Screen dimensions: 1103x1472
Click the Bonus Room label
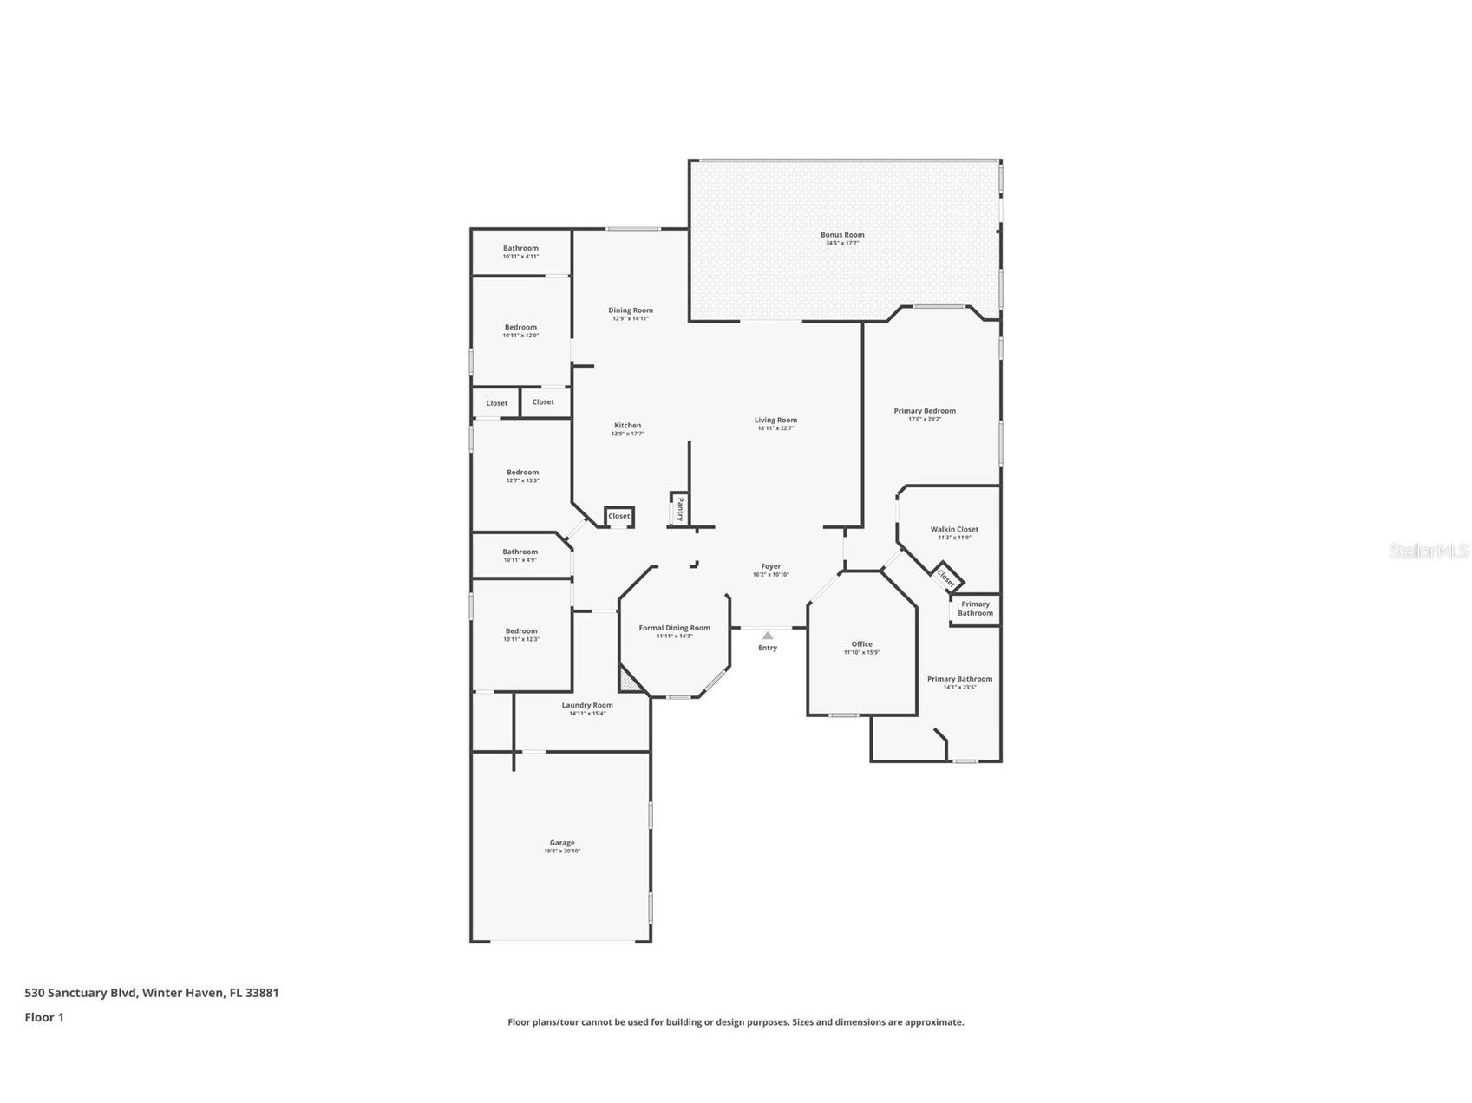tap(842, 235)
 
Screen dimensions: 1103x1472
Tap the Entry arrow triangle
tap(768, 636)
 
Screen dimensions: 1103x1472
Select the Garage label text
tap(562, 843)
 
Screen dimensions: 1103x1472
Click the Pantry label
tap(681, 508)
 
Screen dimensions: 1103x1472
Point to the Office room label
tap(861, 644)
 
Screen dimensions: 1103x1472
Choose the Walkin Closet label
tap(954, 529)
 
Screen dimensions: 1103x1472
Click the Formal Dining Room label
tap(674, 628)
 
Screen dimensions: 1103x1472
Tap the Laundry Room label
tap(587, 705)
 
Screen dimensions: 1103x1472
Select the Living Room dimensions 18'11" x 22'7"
tap(775, 428)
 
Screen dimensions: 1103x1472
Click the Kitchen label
tap(627, 425)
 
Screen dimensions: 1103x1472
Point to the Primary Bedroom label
tap(925, 411)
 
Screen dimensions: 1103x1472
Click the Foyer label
tap(770, 566)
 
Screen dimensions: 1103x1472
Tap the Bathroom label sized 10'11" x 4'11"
tap(520, 248)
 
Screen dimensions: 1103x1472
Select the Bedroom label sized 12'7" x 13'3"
tap(522, 473)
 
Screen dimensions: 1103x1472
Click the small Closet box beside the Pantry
tap(619, 517)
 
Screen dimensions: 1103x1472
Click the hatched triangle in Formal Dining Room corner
tap(628, 682)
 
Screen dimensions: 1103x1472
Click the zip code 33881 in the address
tap(262, 993)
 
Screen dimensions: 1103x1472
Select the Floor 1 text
tap(44, 1017)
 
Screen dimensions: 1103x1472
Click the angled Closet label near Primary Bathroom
tap(946, 578)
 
